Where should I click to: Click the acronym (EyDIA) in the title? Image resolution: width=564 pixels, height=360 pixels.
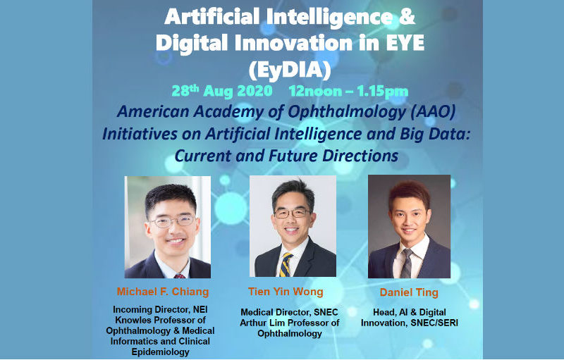click(x=290, y=69)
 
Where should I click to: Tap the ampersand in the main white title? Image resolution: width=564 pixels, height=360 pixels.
click(x=407, y=17)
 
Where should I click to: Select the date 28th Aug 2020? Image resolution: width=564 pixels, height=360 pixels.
click(x=221, y=91)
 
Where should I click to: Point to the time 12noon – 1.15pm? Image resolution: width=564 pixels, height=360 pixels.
click(x=348, y=92)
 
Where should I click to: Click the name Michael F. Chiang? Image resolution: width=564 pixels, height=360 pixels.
click(x=163, y=292)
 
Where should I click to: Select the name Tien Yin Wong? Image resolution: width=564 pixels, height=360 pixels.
click(x=286, y=292)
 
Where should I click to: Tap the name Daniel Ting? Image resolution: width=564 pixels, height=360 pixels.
click(x=409, y=292)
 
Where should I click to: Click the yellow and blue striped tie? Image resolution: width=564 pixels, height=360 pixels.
click(x=286, y=265)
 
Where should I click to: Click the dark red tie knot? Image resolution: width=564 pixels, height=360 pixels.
click(x=180, y=276)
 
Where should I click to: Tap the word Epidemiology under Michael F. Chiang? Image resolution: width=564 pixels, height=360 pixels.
click(x=161, y=352)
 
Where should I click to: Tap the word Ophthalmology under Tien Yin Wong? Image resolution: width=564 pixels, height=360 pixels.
click(x=290, y=334)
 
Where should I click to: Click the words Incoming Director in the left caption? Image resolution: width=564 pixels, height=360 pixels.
click(x=150, y=309)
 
